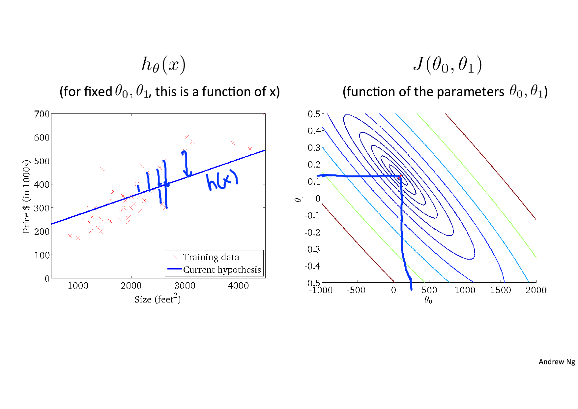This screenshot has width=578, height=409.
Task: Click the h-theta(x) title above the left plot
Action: click(x=163, y=64)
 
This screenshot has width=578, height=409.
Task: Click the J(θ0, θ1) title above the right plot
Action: click(x=447, y=64)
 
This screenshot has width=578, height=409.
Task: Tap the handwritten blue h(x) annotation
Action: click(x=222, y=181)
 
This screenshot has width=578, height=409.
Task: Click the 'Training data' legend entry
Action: click(x=211, y=257)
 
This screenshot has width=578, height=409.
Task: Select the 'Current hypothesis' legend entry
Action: click(x=222, y=270)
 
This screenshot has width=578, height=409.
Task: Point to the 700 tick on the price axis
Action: click(x=42, y=114)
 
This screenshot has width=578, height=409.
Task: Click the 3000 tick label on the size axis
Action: click(x=185, y=286)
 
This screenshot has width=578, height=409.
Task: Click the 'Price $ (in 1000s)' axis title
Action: click(x=26, y=197)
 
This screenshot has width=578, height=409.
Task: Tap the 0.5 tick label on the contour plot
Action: click(x=314, y=114)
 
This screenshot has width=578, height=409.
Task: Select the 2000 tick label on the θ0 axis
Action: click(x=536, y=290)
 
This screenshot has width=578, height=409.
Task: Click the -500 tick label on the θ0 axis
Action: click(x=356, y=290)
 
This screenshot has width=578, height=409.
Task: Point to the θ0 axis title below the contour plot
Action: click(x=428, y=300)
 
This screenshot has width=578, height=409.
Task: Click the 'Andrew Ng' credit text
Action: click(x=557, y=362)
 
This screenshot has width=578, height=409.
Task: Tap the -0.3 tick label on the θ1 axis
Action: click(x=312, y=249)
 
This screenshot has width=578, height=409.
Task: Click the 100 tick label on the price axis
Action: click(x=42, y=255)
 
